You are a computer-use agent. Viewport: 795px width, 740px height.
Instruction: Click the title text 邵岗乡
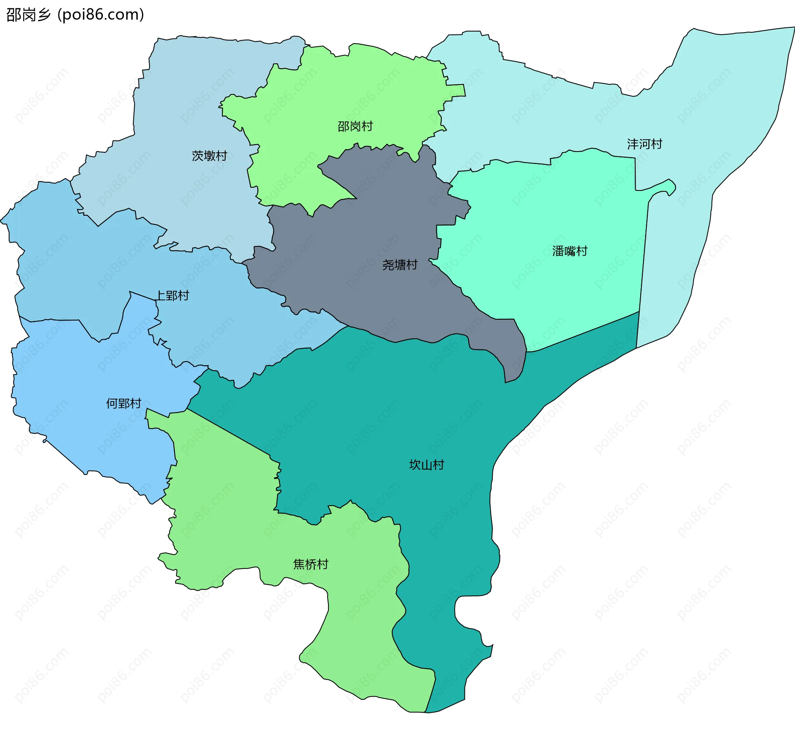tap(28, 14)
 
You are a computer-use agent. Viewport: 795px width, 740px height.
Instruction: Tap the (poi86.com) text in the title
tap(101, 14)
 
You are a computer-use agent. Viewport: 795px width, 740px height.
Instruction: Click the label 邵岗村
tap(355, 126)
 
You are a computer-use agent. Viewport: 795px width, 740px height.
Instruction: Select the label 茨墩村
tap(210, 156)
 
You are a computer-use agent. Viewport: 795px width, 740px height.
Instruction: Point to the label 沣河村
tap(644, 144)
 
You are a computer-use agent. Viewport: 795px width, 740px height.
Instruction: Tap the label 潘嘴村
tap(569, 251)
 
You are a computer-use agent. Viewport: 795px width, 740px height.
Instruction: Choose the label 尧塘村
tap(400, 265)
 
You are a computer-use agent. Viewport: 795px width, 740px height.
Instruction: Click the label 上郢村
tap(172, 296)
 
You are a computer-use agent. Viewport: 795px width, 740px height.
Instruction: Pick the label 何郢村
tap(123, 403)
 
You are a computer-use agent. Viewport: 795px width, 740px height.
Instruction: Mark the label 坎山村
tap(426, 465)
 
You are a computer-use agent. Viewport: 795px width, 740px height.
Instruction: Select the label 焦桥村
tap(311, 564)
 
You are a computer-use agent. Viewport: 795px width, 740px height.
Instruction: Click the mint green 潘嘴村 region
tap(538, 207)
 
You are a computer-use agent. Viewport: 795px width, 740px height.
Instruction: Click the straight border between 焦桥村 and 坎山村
tap(228, 433)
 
